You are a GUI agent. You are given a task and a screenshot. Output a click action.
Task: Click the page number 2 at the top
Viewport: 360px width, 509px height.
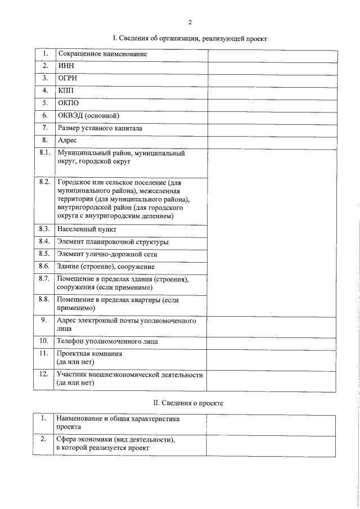tap(190, 22)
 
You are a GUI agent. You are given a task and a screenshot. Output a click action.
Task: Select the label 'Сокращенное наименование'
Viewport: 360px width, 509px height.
tap(102, 54)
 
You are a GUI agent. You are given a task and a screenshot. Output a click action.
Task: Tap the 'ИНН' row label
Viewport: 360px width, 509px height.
tap(66, 66)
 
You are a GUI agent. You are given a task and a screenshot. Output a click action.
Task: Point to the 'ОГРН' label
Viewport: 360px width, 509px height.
tap(67, 79)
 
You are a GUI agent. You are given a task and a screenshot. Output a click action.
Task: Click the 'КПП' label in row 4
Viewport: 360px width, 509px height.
tap(66, 91)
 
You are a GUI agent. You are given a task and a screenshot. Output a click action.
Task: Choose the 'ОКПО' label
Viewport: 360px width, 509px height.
tap(68, 103)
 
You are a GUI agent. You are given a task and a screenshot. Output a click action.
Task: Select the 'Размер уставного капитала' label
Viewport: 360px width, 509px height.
tap(100, 128)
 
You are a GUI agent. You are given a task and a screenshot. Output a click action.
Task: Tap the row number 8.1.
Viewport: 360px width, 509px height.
tap(45, 153)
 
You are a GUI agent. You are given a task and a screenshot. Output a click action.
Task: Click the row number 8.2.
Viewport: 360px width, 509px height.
tap(45, 183)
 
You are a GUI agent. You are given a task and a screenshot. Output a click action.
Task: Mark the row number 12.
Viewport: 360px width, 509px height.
tap(43, 374)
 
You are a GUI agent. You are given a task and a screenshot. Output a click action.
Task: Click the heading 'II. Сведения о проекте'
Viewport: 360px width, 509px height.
tap(189, 403)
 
